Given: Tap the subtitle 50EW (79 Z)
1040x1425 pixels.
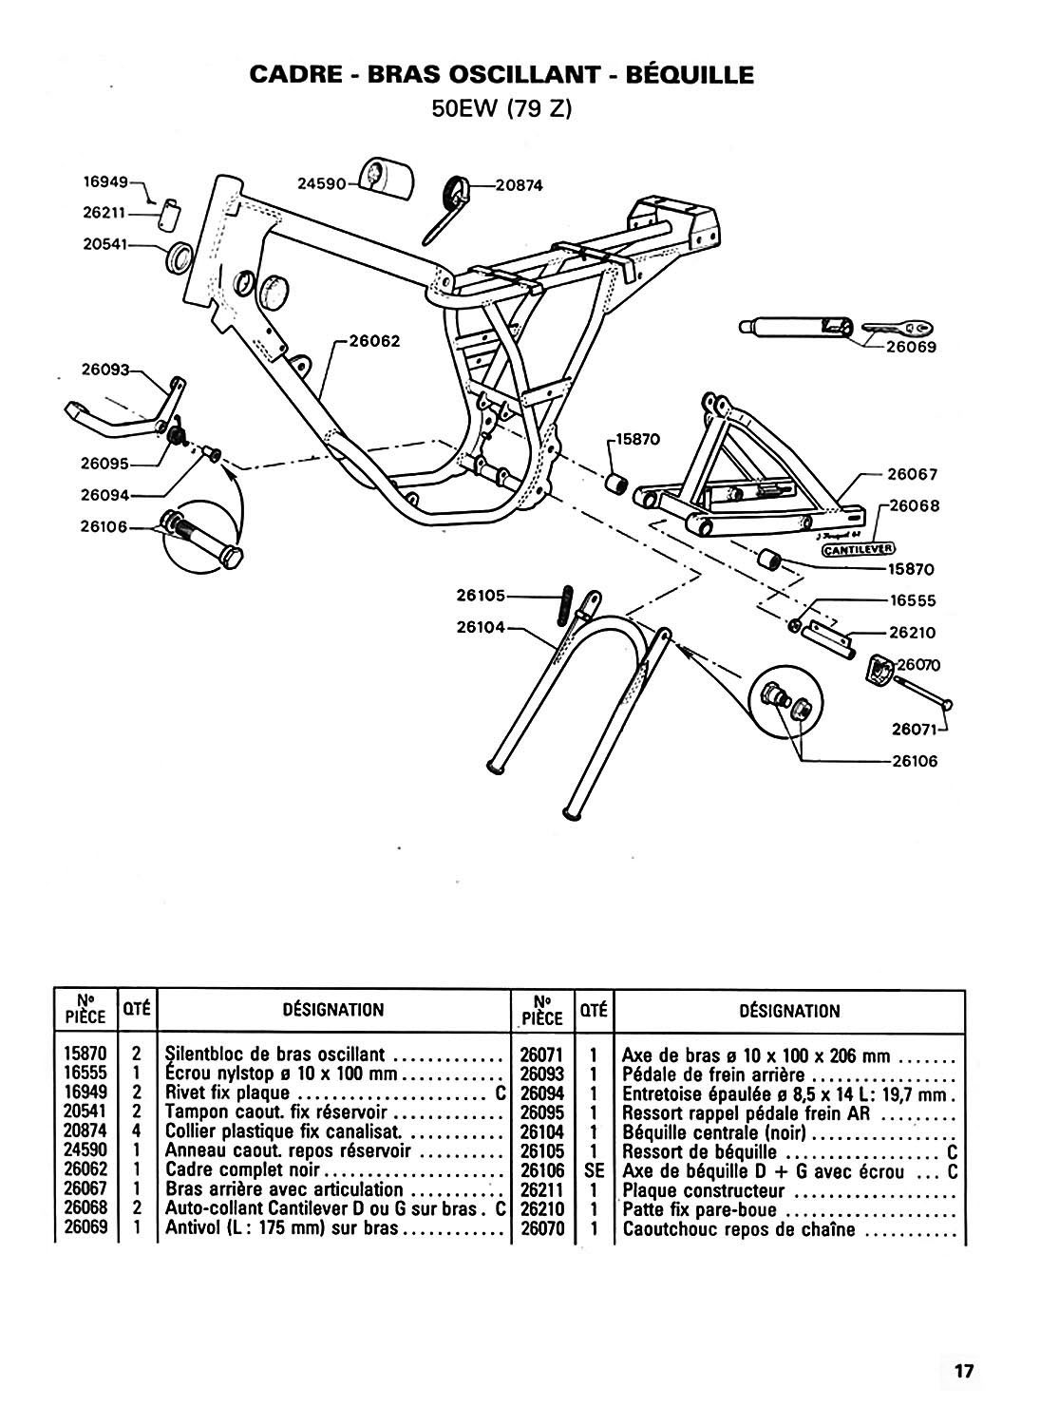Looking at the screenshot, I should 501,108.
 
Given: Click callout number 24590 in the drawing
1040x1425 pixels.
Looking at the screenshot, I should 320,184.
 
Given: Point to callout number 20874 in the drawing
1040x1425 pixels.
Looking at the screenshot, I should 519,185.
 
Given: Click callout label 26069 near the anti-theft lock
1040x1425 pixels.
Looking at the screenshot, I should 912,347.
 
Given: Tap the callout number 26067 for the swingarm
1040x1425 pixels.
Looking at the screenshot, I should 913,474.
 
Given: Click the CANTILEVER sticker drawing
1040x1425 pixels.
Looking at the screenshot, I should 858,548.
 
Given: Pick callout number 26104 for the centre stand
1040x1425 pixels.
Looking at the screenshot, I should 481,627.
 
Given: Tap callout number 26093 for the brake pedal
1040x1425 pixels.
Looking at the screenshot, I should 104,370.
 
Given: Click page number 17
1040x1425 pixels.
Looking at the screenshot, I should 963,1371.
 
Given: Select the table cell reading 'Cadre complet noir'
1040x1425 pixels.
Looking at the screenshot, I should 245,1169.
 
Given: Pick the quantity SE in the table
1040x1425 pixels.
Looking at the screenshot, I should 594,1170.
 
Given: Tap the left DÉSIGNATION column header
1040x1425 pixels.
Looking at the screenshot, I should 332,1009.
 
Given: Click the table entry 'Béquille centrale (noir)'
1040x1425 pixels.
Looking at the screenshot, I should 713,1132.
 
